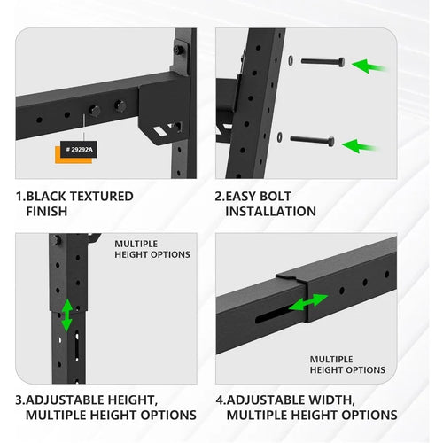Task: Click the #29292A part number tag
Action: point(79,150)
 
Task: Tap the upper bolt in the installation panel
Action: point(323,62)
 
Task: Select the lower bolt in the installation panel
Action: point(313,140)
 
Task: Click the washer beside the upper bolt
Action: point(291,60)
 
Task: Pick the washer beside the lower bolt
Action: point(279,137)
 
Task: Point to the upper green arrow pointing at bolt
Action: point(369,66)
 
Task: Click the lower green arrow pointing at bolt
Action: point(360,146)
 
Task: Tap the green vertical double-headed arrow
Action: point(67,315)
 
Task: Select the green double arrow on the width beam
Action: point(308,302)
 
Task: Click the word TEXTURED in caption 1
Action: point(101,197)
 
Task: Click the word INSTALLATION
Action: point(270,212)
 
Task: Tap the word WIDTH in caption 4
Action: point(331,400)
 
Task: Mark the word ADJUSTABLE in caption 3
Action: point(65,400)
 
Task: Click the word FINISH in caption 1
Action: point(47,212)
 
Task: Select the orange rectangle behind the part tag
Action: point(74,155)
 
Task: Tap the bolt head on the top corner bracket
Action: point(178,50)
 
